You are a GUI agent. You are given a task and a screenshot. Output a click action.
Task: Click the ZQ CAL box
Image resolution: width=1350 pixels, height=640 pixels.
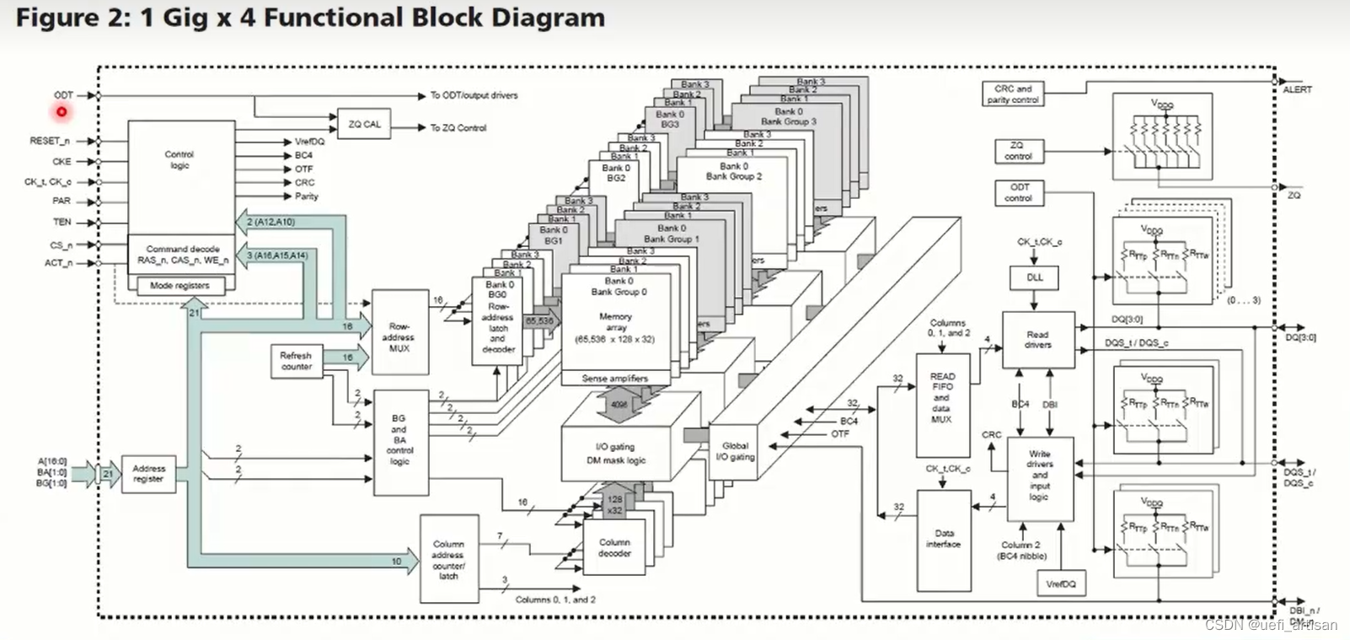pyautogui.click(x=364, y=125)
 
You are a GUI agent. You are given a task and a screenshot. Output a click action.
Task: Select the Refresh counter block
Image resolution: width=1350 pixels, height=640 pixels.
pyautogui.click(x=296, y=361)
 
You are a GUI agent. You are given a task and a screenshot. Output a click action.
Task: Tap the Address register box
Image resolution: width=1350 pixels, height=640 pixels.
pyautogui.click(x=148, y=474)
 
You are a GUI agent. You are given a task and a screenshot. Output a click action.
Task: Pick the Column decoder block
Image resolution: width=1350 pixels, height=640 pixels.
pyautogui.click(x=614, y=548)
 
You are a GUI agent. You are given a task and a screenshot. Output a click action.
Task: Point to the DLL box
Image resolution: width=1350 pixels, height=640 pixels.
pyautogui.click(x=1034, y=277)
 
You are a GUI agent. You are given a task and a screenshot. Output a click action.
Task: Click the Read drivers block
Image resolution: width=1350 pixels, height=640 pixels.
pyautogui.click(x=1037, y=340)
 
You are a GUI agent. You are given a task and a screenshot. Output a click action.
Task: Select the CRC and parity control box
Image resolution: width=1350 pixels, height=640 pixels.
pyautogui.click(x=1012, y=94)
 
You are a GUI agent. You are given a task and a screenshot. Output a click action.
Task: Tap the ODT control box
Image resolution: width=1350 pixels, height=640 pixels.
pyautogui.click(x=1018, y=193)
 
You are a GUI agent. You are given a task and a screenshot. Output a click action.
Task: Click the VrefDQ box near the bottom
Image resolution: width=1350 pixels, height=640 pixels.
pyautogui.click(x=1060, y=584)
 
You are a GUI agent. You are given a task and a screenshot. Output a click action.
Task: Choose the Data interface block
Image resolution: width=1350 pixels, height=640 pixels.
pyautogui.click(x=943, y=539)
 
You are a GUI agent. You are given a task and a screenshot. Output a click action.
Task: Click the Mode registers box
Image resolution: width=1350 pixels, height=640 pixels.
pyautogui.click(x=179, y=286)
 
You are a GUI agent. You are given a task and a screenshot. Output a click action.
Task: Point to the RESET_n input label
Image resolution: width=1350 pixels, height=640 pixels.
pyautogui.click(x=50, y=141)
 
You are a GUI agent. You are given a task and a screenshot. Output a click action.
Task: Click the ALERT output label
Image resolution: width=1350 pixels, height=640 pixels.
pyautogui.click(x=1297, y=89)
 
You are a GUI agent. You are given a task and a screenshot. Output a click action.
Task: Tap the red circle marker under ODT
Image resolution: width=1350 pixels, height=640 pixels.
pyautogui.click(x=62, y=111)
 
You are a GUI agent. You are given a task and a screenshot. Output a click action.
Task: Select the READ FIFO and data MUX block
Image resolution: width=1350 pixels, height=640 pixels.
pyautogui.click(x=941, y=398)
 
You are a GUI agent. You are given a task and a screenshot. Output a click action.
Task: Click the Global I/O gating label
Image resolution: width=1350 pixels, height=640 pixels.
pyautogui.click(x=735, y=451)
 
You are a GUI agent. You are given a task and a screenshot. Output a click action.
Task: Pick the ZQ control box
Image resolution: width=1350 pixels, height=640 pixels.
pyautogui.click(x=1017, y=151)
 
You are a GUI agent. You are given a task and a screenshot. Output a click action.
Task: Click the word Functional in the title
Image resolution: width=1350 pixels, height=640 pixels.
pyautogui.click(x=335, y=18)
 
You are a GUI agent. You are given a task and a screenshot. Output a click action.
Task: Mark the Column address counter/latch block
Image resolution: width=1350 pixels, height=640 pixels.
pyautogui.click(x=447, y=560)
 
